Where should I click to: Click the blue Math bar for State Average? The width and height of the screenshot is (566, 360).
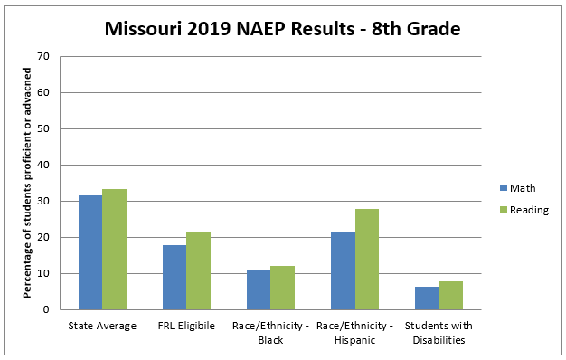[90, 252]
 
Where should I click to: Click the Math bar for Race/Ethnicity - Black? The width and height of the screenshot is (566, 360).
[259, 289]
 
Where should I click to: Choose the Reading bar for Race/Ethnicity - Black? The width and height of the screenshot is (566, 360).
[282, 288]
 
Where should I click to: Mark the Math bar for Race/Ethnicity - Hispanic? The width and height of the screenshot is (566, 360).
[343, 270]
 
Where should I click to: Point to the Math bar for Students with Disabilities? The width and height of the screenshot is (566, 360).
[427, 298]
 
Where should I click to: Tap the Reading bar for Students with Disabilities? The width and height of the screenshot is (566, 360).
[450, 295]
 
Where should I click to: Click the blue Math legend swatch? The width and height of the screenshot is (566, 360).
[504, 188]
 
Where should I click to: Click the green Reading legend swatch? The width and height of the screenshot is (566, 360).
[504, 210]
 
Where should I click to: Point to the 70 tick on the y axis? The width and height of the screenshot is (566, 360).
[42, 56]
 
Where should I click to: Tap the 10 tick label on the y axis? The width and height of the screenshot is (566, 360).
[42, 273]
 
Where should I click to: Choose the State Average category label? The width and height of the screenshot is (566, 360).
[102, 326]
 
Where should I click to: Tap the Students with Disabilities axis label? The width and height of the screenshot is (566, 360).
[439, 333]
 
